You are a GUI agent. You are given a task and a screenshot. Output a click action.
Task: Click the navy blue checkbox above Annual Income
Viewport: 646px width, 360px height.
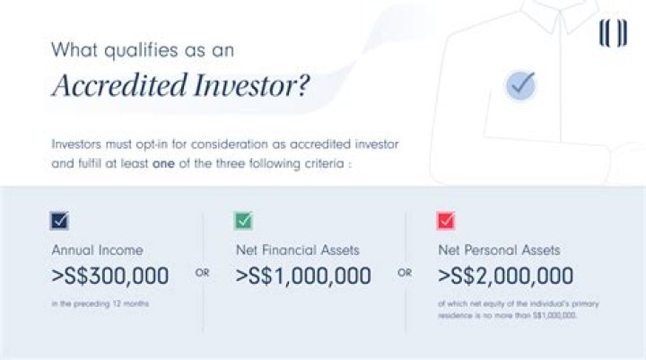click(60, 220)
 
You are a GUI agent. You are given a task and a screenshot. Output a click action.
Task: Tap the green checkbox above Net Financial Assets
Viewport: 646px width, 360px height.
click(243, 220)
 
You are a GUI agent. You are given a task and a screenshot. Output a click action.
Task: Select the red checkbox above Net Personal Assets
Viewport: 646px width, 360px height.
click(446, 220)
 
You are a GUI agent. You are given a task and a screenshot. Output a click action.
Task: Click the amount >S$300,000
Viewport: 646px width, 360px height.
click(109, 275)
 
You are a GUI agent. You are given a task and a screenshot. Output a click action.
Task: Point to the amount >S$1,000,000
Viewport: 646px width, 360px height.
click(302, 275)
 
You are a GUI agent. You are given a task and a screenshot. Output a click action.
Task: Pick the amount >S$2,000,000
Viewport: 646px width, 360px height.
click(505, 275)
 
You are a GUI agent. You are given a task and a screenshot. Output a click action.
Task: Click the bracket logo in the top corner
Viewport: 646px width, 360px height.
click(612, 34)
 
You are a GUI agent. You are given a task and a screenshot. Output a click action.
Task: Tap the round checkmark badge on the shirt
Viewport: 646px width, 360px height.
click(520, 85)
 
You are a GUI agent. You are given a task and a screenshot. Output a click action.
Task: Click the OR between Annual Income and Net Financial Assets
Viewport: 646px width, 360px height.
click(202, 272)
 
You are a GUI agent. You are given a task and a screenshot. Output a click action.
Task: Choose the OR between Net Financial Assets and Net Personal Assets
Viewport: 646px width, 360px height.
click(405, 272)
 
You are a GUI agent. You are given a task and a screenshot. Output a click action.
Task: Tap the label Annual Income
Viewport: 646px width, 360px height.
click(97, 250)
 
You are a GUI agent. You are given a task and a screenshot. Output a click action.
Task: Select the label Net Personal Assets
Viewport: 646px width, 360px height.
click(499, 250)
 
